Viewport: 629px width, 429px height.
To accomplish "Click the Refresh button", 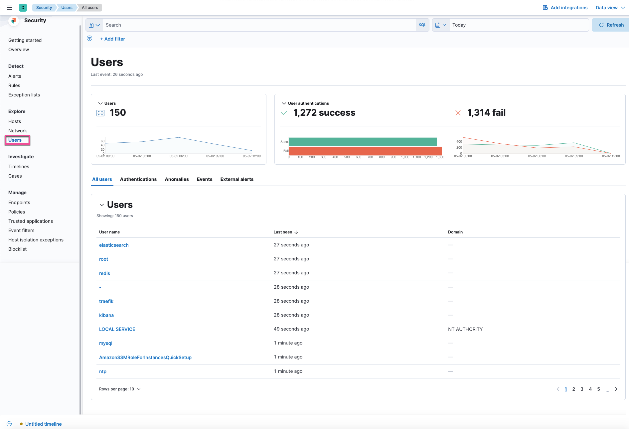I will click(x=611, y=25).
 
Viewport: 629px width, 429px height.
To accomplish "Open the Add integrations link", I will click(x=565, y=8).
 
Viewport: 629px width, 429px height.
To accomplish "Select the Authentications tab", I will click(x=138, y=179).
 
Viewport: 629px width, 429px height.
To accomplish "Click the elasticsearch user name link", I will click(x=114, y=245).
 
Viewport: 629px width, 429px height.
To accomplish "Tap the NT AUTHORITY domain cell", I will click(x=465, y=329).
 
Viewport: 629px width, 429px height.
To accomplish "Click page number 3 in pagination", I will click(x=582, y=389).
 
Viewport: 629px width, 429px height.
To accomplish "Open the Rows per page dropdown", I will click(x=120, y=389).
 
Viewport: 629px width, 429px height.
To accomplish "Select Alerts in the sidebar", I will click(x=15, y=76).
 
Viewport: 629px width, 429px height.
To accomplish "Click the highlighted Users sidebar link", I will click(x=15, y=140).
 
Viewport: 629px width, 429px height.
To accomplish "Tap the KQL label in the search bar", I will click(x=422, y=25).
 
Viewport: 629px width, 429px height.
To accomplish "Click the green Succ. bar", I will click(x=362, y=142).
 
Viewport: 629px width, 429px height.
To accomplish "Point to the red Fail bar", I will click(x=365, y=151).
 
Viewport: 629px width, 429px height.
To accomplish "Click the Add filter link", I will click(x=113, y=39).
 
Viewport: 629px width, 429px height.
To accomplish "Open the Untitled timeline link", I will click(x=43, y=424).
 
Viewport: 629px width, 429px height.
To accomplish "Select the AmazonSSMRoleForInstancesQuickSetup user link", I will click(x=145, y=357).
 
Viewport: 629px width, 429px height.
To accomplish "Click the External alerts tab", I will click(x=236, y=179).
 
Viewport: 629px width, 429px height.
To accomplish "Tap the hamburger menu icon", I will click(x=10, y=8).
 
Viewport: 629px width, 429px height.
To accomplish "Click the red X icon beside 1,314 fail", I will click(x=458, y=113).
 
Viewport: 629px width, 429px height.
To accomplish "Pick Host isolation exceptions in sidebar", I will click(x=36, y=240).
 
